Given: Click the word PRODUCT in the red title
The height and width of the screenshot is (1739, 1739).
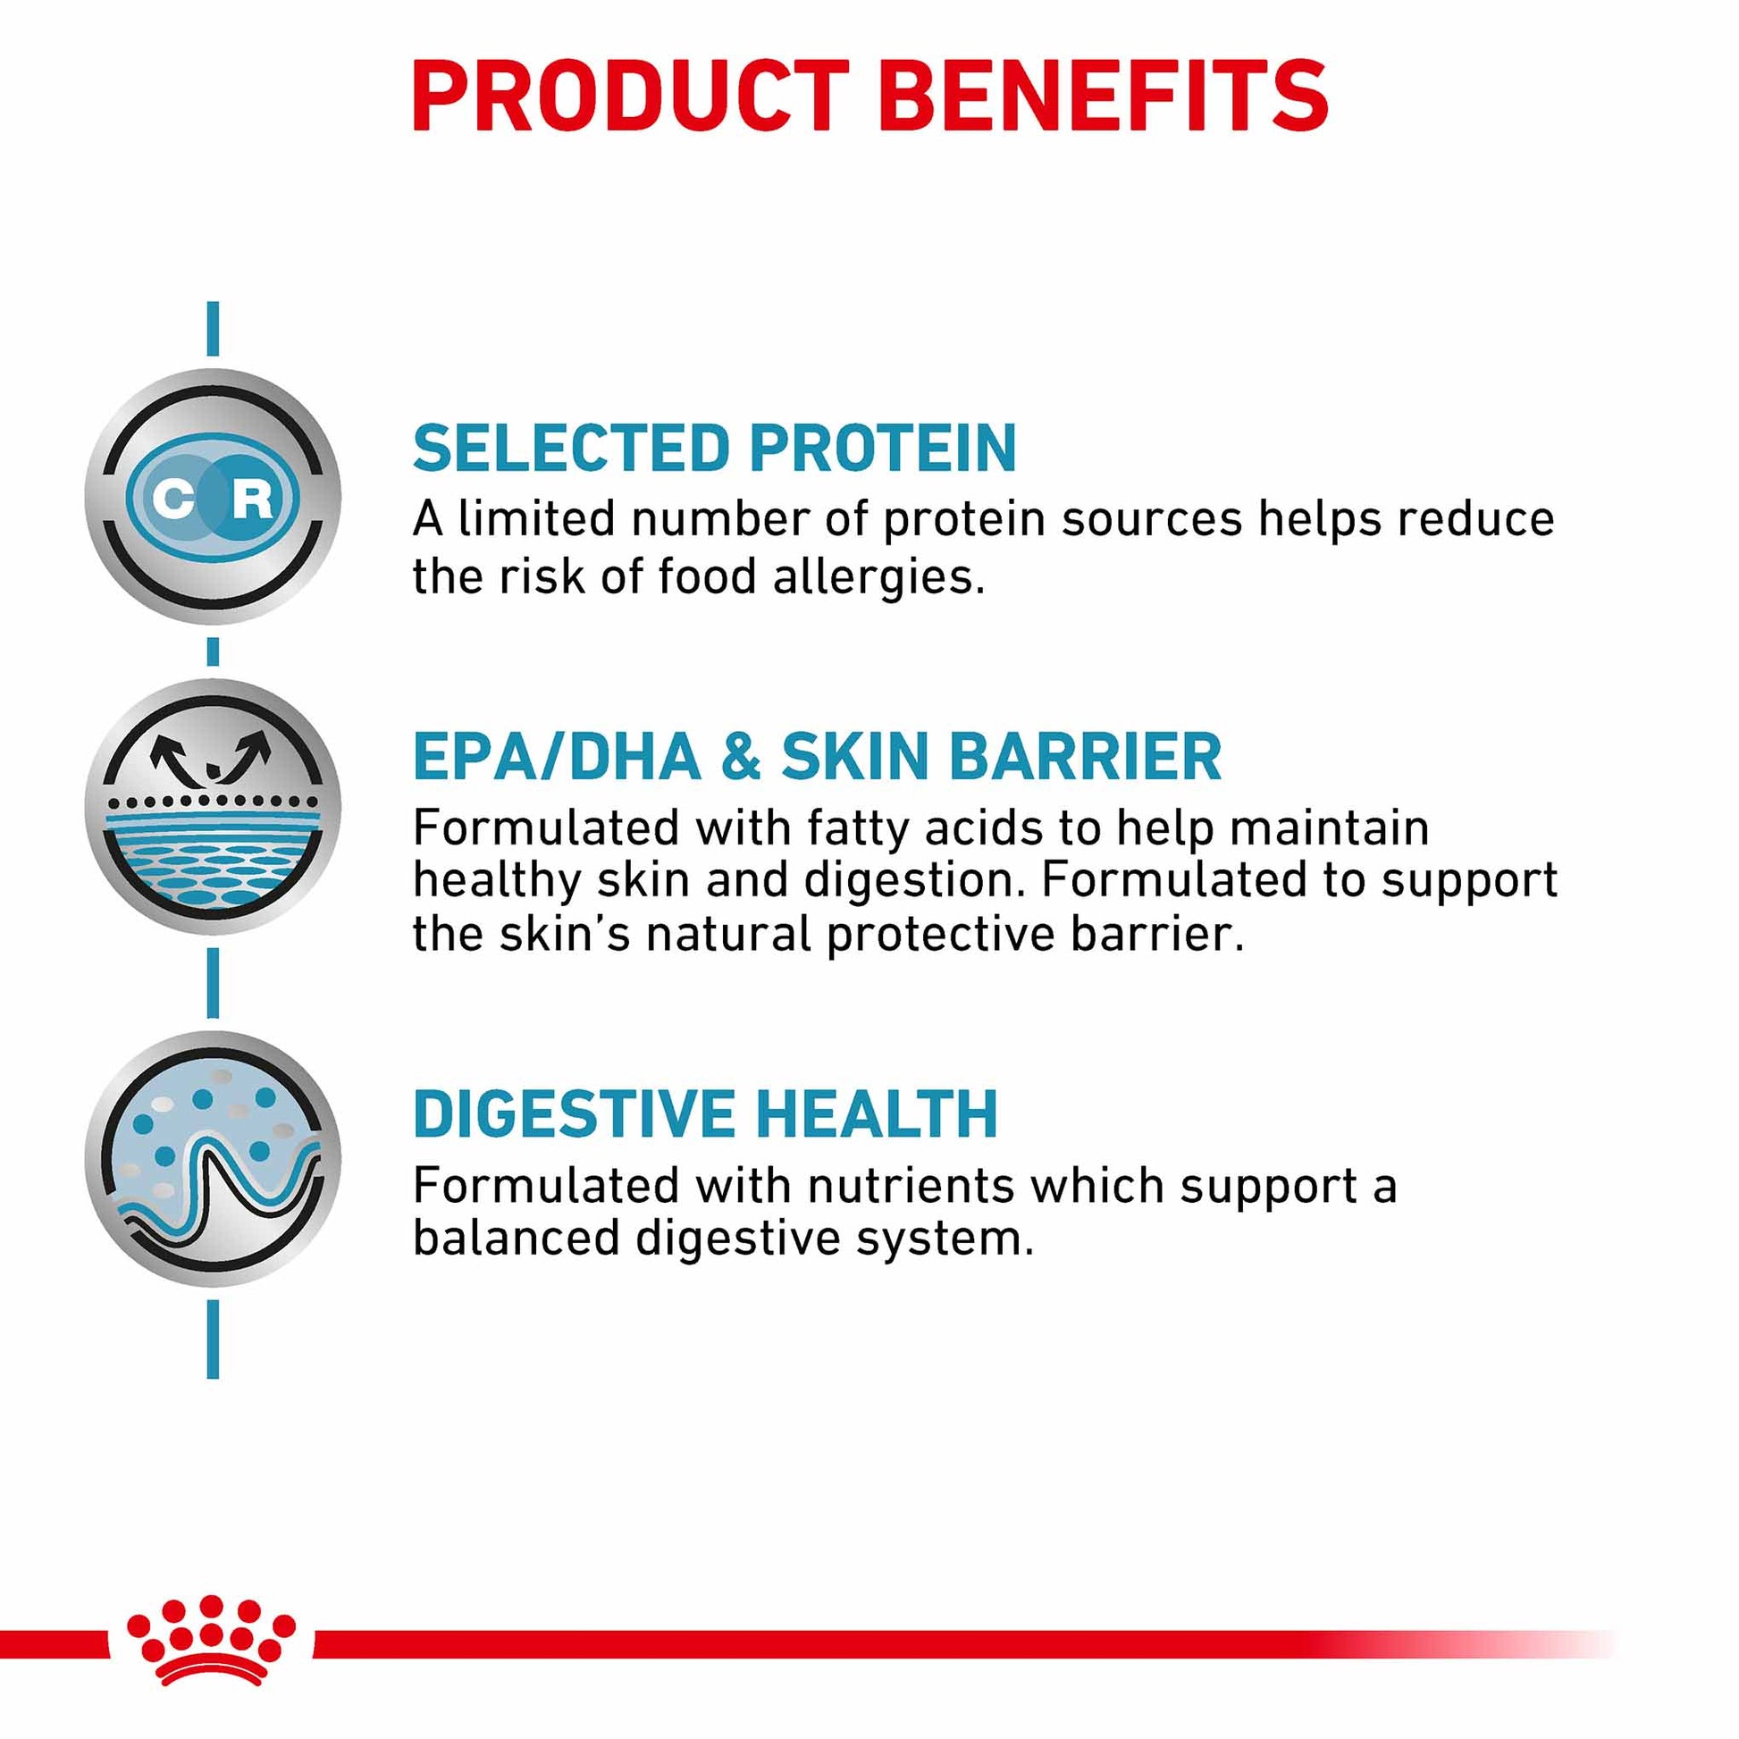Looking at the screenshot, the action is coord(630,97).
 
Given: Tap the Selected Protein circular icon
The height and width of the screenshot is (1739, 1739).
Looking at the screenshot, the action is coord(214,496).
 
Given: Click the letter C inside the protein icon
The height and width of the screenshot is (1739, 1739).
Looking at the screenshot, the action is coord(172,498).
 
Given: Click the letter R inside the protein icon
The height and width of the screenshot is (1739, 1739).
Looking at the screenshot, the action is coord(253,498).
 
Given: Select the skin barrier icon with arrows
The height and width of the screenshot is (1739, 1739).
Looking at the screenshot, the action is coord(214,806).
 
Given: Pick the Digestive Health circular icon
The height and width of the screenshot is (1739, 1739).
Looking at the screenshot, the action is coord(214,1158).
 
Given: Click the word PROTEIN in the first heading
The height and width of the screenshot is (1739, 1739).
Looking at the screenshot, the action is coord(883,449).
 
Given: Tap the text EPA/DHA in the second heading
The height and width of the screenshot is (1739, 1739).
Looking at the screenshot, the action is coord(556,756).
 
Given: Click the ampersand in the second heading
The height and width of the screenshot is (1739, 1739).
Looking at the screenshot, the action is coord(741,756).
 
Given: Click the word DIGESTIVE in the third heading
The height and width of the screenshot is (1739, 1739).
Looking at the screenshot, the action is coord(574,1114).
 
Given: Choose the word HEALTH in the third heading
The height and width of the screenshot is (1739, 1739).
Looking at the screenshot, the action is coord(878,1114).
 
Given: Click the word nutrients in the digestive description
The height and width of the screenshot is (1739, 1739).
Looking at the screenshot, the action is coord(911,1186).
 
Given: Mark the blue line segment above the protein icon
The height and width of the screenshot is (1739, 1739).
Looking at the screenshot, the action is coord(214,329).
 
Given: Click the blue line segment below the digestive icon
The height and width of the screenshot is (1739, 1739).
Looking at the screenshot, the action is coord(214,1339).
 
